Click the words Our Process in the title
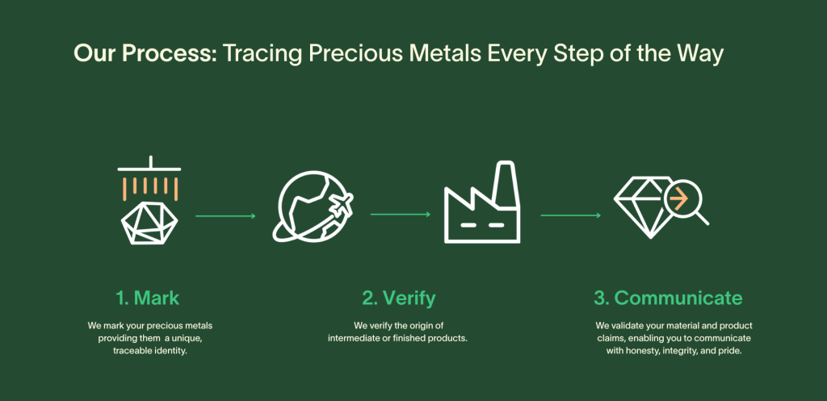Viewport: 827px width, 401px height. pos(145,54)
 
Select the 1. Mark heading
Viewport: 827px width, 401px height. pos(148,298)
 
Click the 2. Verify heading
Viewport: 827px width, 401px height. pos(399,299)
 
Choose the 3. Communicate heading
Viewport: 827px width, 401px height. pos(668,298)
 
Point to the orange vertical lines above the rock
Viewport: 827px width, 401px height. pos(150,189)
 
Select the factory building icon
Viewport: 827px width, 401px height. pos(482,203)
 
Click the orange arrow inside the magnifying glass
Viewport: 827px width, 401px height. pos(678,200)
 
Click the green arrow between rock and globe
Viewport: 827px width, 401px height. pos(226,216)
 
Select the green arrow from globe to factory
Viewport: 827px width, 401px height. pos(401,215)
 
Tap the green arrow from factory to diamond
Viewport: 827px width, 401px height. pos(571,215)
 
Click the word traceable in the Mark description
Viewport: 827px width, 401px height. pos(130,351)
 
